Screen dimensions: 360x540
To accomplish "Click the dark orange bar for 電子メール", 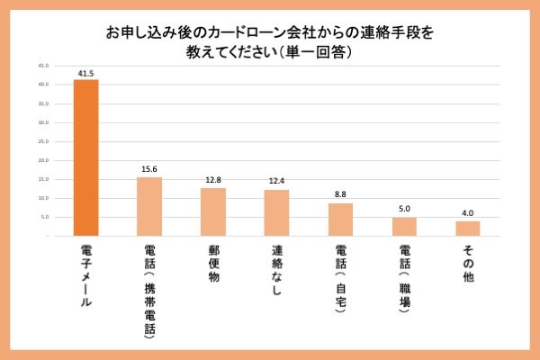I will pos(85,157).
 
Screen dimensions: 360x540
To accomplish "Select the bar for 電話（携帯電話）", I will pos(149,206).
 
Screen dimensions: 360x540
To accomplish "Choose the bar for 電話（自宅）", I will pos(341,220).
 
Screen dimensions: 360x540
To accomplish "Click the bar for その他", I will pos(468,229).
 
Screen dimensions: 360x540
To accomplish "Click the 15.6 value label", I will pos(149,169).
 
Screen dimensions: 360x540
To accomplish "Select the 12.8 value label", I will pos(213,180).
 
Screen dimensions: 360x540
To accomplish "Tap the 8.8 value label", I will pos(341,195).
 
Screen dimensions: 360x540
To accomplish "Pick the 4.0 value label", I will pos(468,213).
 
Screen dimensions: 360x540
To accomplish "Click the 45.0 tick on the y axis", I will pos(44,66).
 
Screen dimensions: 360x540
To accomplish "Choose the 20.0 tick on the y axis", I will pos(44,160).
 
